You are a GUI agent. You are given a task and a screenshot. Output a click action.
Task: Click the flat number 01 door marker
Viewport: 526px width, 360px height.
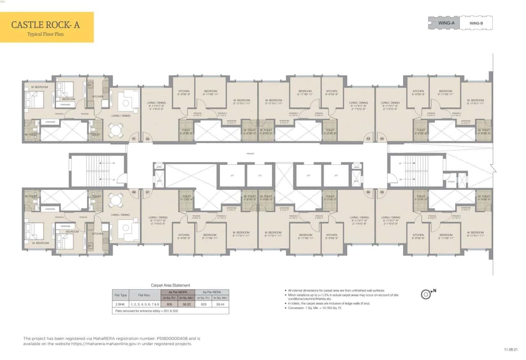[x=134, y=139]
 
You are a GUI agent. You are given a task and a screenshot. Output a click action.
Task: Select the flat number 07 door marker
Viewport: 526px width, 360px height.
[x=147, y=192]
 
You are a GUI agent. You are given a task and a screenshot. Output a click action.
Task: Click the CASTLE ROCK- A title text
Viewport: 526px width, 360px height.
[x=45, y=25]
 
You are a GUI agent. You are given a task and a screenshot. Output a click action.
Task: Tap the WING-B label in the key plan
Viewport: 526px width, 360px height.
[x=476, y=23]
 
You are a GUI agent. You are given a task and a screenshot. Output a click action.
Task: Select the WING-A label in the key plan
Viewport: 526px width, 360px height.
[x=447, y=23]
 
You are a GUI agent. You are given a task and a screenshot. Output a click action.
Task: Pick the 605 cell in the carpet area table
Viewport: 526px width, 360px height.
[x=169, y=305]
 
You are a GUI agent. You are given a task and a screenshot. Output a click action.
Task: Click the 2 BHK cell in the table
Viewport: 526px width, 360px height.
[x=120, y=305]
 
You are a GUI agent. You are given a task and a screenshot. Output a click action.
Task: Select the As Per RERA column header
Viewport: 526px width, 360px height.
[x=212, y=292]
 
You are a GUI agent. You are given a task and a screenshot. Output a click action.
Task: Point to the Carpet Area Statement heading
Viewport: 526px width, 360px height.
[x=171, y=285]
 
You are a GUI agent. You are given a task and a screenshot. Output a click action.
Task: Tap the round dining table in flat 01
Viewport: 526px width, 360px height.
[x=116, y=131]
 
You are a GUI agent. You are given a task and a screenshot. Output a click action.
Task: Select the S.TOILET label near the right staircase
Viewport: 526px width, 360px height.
[x=451, y=181]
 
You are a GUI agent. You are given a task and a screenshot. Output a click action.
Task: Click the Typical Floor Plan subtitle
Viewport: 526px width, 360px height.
[x=45, y=34]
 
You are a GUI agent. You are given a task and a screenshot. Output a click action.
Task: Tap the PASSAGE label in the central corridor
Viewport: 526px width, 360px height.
[x=250, y=154]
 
